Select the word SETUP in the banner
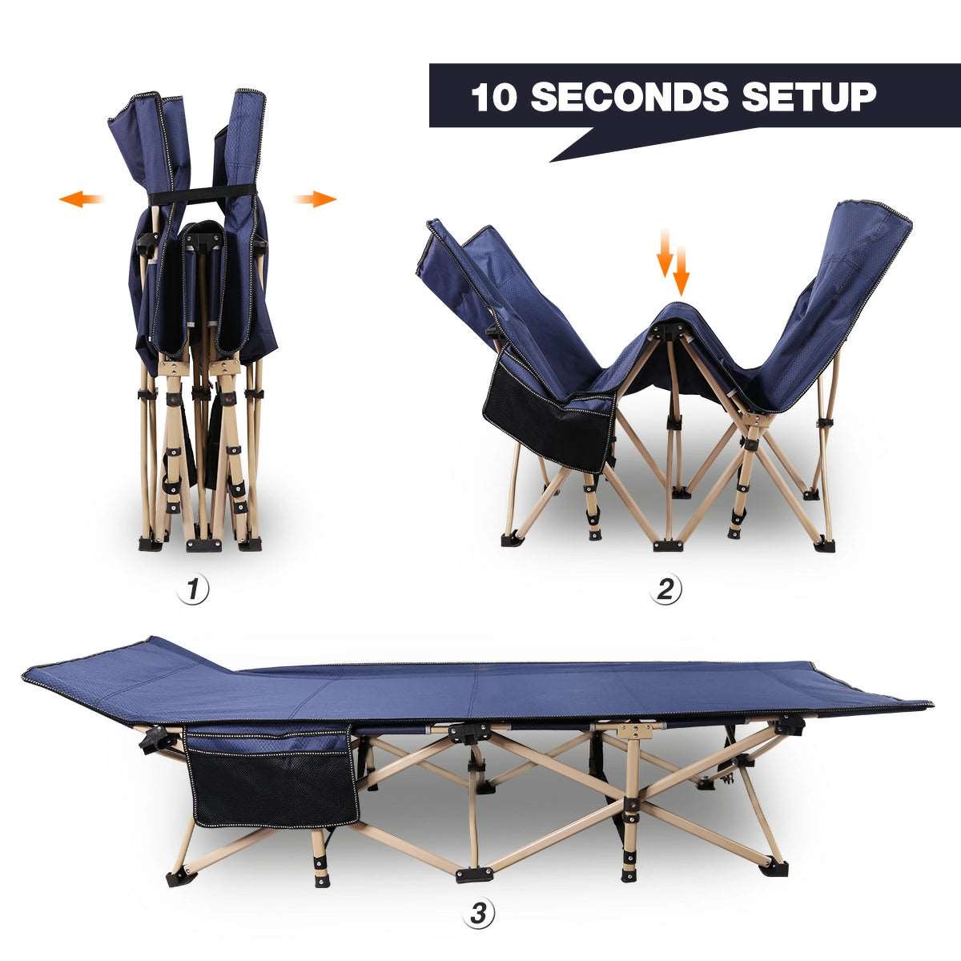tap(809, 97)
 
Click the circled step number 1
tap(192, 590)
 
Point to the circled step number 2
tap(665, 590)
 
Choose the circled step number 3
tap(479, 913)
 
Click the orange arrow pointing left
tap(81, 199)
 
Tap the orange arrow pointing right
tap(315, 199)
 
